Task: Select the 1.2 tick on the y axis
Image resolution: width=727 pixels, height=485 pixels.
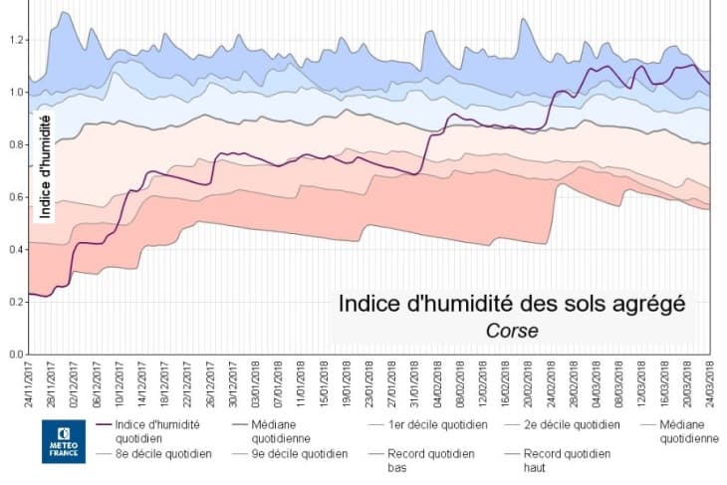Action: coord(15,41)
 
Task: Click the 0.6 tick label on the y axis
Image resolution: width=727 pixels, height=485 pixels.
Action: coord(15,197)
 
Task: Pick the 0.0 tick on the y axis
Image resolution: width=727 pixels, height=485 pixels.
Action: coord(15,355)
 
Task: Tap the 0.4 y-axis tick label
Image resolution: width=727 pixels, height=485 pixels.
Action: coord(15,250)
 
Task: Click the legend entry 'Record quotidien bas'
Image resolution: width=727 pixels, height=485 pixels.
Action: coord(433,460)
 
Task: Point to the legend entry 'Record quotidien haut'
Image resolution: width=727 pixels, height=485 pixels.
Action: coord(569,460)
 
